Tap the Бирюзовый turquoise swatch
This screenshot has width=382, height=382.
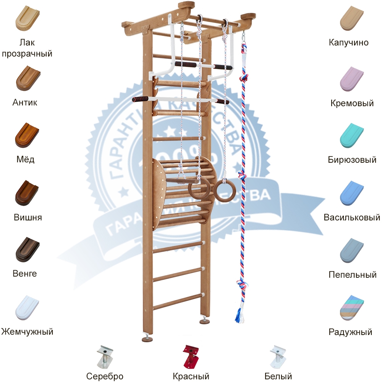352,135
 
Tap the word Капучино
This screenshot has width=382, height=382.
349,42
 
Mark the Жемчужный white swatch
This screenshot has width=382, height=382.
27,307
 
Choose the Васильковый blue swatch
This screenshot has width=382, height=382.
352,193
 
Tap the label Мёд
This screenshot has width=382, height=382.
27,160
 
